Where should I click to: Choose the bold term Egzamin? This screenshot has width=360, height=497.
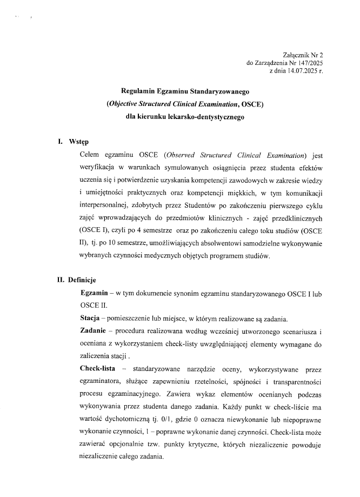tap(94, 293)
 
